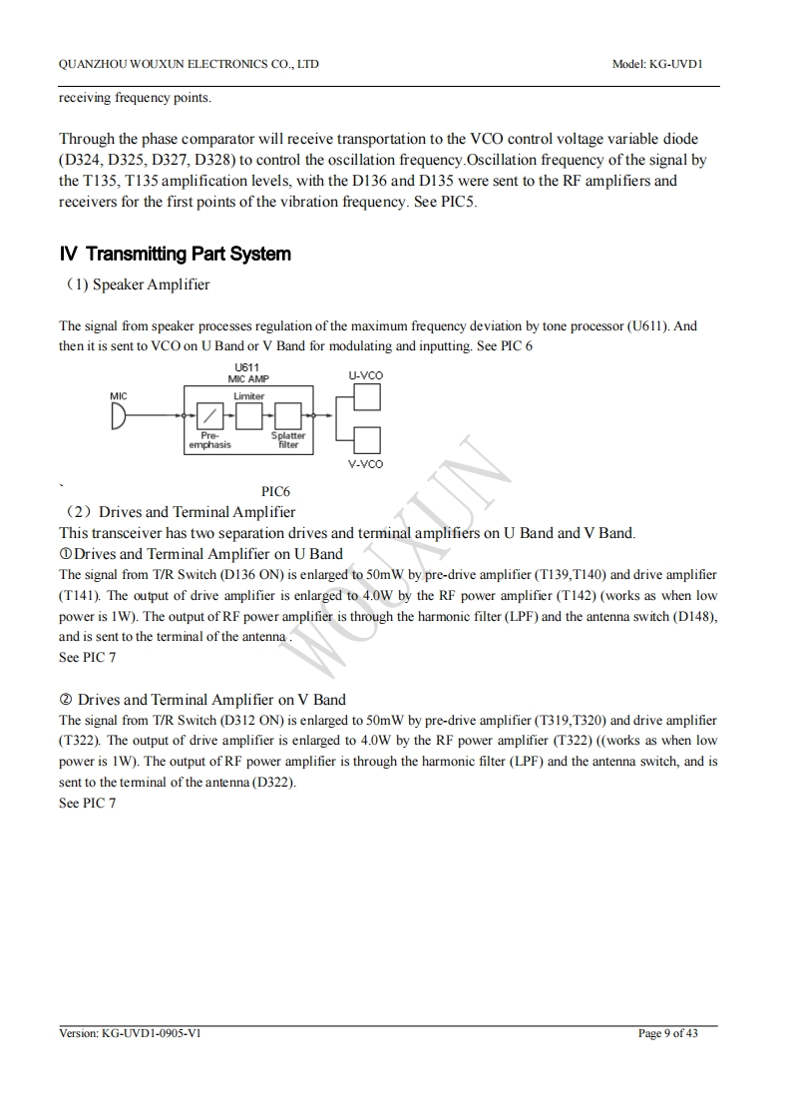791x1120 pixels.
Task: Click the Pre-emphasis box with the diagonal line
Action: tap(209, 415)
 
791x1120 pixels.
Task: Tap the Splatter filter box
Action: tap(288, 415)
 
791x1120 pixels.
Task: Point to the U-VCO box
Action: tap(366, 397)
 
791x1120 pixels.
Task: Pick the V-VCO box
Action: tap(366, 440)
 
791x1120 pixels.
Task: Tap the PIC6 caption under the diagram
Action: tap(276, 491)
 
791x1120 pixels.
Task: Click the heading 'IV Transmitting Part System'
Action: tap(176, 254)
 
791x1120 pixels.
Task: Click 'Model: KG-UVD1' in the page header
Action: tap(658, 64)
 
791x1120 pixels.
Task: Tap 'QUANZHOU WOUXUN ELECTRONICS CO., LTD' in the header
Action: tap(190, 64)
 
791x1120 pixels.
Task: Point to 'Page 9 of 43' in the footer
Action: tap(667, 1033)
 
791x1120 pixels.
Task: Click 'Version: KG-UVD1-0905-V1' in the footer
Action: tap(131, 1033)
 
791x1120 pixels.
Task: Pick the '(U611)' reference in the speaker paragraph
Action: tap(649, 325)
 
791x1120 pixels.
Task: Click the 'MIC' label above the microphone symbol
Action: tap(119, 396)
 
